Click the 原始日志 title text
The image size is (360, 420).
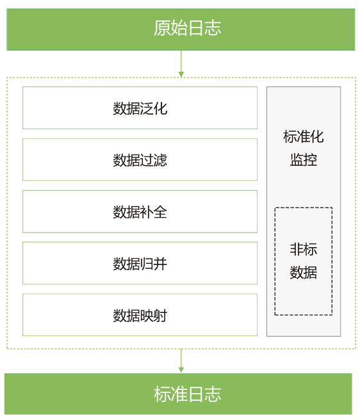tap(187, 28)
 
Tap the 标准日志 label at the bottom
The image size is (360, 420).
tap(187, 394)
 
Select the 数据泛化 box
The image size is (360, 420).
tap(140, 108)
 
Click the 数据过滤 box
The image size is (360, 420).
tap(140, 159)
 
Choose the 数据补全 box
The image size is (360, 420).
tap(140, 211)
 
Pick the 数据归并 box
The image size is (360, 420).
tap(140, 263)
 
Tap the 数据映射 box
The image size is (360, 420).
tap(140, 315)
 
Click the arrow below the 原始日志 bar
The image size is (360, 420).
tap(181, 64)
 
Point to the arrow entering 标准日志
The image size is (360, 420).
tap(181, 360)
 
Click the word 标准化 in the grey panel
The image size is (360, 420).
tap(304, 136)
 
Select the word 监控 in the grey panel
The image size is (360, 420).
tap(304, 160)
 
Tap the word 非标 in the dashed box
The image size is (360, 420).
tap(304, 249)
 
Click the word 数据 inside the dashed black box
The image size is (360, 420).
tap(304, 273)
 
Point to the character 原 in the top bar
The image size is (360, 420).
tap(162, 28)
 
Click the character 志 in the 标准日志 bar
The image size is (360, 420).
tap(213, 394)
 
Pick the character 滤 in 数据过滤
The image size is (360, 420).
tap(160, 160)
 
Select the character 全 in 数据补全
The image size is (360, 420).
tap(160, 212)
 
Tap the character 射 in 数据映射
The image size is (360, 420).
tap(160, 316)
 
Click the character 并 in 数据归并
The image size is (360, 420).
tap(160, 264)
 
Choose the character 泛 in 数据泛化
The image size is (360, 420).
tap(147, 108)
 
